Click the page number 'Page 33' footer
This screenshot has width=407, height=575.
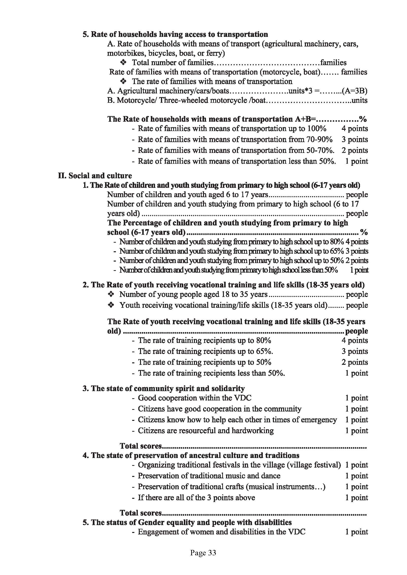203,553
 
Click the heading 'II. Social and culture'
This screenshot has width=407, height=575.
95,176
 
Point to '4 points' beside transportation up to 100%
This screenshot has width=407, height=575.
355,129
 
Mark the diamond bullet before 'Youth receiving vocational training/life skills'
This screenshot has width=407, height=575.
111,305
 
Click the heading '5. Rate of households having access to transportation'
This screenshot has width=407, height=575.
175,34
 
